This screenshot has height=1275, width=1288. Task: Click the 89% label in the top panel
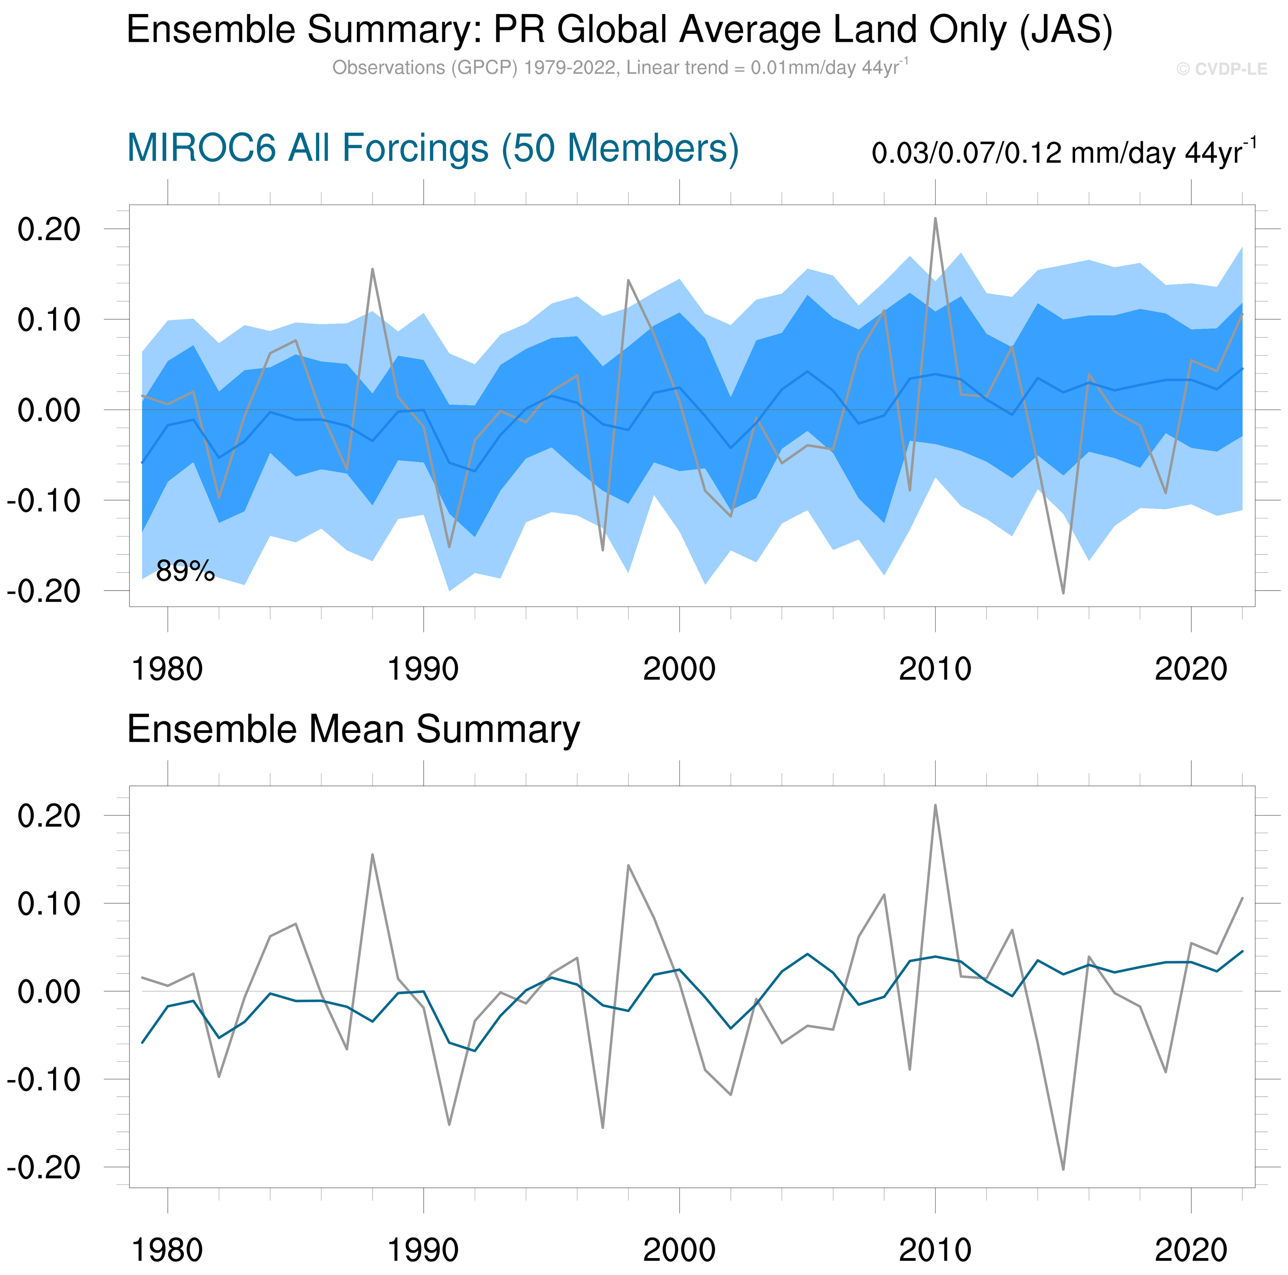(x=185, y=571)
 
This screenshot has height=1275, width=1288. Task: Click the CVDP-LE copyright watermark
(x=1221, y=69)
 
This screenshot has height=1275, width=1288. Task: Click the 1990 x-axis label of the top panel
(x=423, y=669)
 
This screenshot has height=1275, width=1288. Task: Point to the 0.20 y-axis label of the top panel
(x=49, y=229)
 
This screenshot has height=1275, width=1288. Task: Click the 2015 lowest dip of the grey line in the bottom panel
(x=1064, y=1169)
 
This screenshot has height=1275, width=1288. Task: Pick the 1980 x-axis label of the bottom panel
(x=167, y=1250)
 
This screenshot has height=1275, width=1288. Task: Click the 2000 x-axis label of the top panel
(x=679, y=669)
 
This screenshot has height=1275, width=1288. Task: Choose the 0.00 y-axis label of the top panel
(x=49, y=410)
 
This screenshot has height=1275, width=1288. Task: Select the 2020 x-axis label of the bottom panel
(x=1190, y=1250)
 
